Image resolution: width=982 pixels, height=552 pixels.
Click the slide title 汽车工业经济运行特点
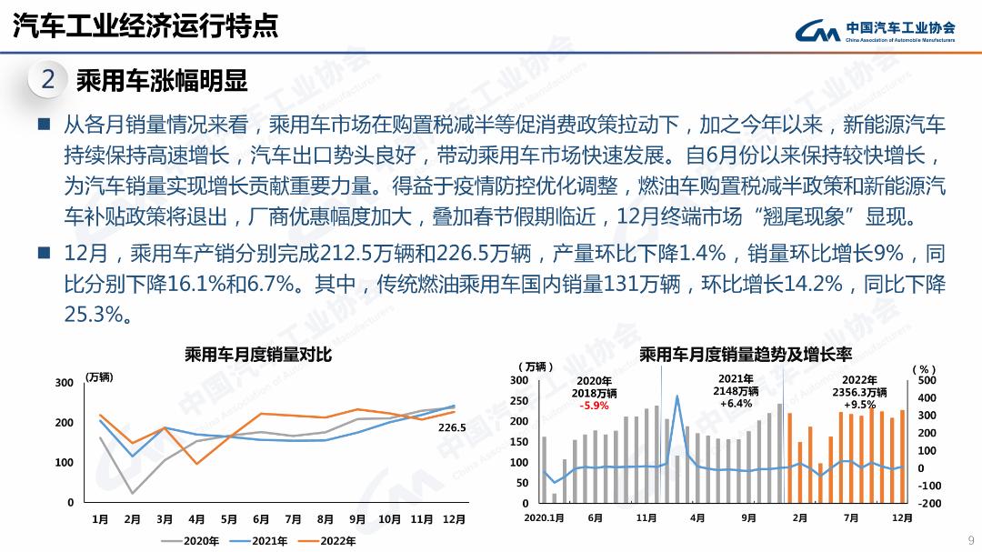[x=145, y=26]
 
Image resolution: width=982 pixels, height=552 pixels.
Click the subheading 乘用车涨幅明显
[x=162, y=81]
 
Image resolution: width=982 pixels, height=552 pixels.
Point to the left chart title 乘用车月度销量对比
[x=258, y=355]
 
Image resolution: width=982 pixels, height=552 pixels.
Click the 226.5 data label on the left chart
[x=452, y=427]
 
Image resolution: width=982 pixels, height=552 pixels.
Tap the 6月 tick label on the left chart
[x=261, y=519]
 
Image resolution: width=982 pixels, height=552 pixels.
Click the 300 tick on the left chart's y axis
[x=64, y=383]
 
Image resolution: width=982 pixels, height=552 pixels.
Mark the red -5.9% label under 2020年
[x=594, y=406]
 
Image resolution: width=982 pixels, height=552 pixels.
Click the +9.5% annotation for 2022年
[x=859, y=405]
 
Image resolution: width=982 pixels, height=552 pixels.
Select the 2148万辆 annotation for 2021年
[x=736, y=391]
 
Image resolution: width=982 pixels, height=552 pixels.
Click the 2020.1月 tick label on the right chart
[x=544, y=517]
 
